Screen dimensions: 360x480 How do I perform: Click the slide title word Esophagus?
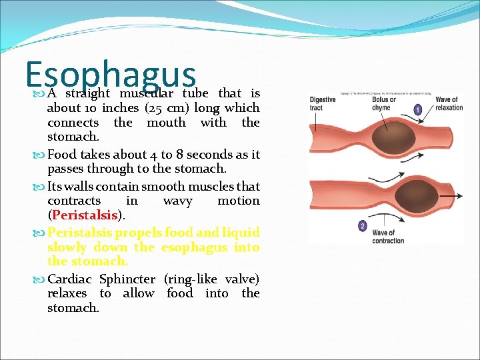click(111, 75)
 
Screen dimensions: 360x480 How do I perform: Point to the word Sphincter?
click(129, 279)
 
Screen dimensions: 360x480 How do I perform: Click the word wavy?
click(177, 201)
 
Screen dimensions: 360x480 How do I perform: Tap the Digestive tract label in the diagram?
click(322, 104)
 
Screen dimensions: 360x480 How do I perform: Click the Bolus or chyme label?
click(382, 104)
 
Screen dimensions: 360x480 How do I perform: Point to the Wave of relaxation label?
click(448, 104)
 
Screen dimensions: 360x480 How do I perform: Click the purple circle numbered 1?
click(417, 109)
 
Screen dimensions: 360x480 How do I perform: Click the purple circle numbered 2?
click(362, 226)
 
